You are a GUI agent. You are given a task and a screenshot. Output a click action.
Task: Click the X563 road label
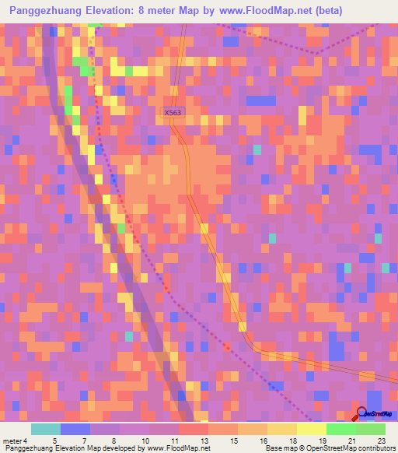pyautogui.click(x=173, y=113)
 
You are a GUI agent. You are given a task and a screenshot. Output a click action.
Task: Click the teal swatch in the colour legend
pyautogui.click(x=45, y=429)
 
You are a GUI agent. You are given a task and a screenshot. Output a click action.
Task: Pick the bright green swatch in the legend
pyautogui.click(x=341, y=429)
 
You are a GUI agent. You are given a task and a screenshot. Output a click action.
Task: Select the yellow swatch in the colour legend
pyautogui.click(x=311, y=429)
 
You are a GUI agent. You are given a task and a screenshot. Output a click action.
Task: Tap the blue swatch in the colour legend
pyautogui.click(x=75, y=429)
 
